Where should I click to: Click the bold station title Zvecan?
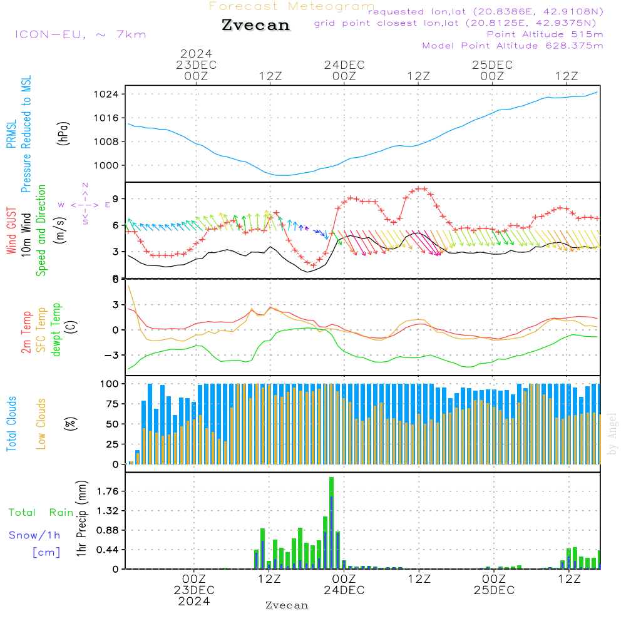(x=256, y=26)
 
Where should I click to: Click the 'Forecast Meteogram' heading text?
(x=292, y=6)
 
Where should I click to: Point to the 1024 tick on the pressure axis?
(x=108, y=95)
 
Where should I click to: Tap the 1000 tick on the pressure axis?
(x=108, y=165)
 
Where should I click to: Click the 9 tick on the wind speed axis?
(x=116, y=199)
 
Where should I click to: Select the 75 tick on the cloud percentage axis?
(x=111, y=404)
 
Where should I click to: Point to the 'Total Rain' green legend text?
(x=41, y=513)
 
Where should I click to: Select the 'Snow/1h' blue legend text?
(x=35, y=535)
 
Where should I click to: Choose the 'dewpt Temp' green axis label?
(x=56, y=330)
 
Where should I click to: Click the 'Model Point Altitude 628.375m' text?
(x=513, y=46)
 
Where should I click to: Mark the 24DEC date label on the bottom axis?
(x=344, y=590)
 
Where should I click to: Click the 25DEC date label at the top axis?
(x=492, y=65)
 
